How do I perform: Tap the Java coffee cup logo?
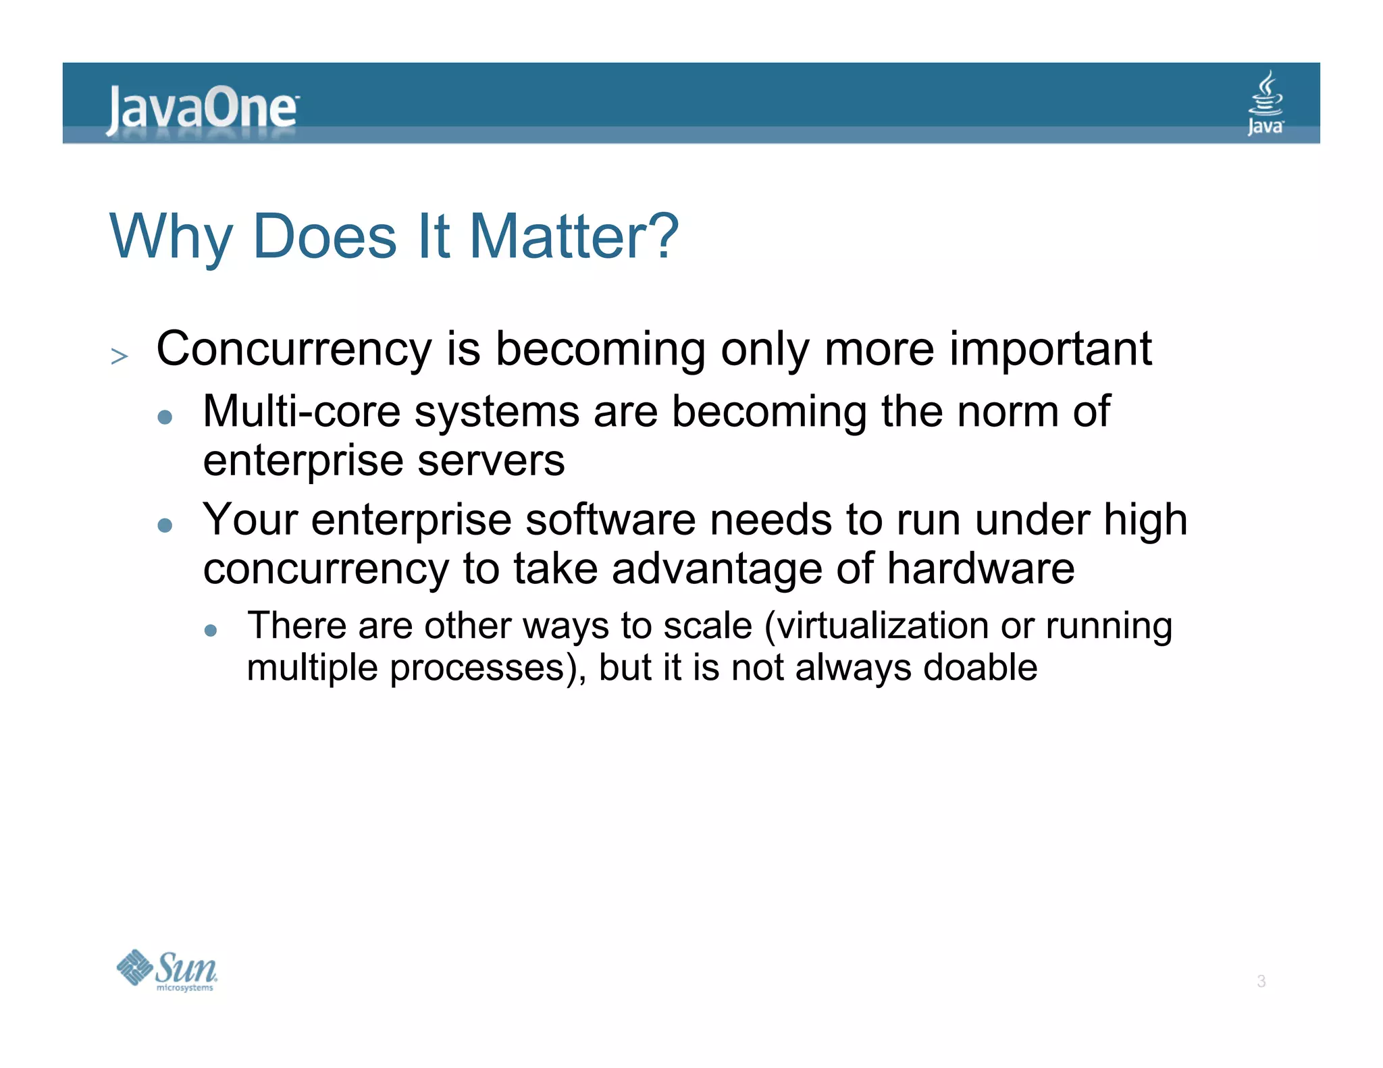(x=1265, y=103)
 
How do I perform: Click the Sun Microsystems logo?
(x=167, y=970)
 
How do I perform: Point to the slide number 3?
(x=1261, y=982)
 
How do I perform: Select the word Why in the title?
(x=171, y=238)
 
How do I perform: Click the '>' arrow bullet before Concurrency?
(x=120, y=356)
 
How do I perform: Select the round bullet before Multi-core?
(x=165, y=417)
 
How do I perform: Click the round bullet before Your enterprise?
(x=165, y=525)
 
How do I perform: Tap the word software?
(x=610, y=520)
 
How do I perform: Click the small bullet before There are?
(x=211, y=630)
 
